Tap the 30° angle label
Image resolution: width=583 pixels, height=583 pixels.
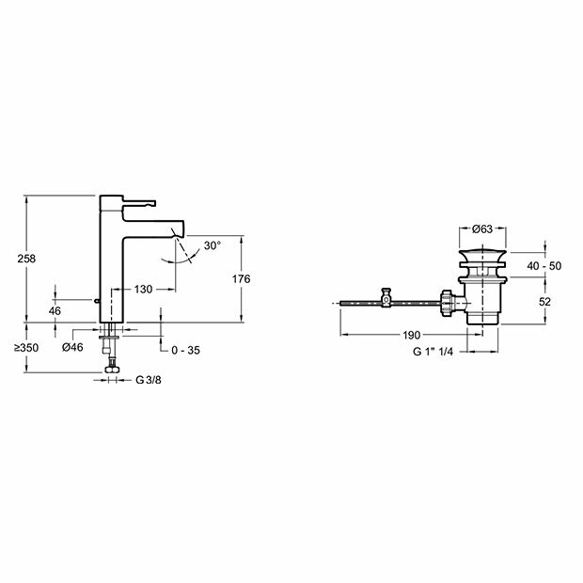pos(211,245)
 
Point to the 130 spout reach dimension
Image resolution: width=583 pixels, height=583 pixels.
pos(144,290)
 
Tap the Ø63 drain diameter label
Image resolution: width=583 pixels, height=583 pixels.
pos(484,228)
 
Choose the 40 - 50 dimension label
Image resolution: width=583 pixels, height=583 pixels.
pos(543,266)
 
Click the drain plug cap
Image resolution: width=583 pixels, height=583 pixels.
pos(484,256)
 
